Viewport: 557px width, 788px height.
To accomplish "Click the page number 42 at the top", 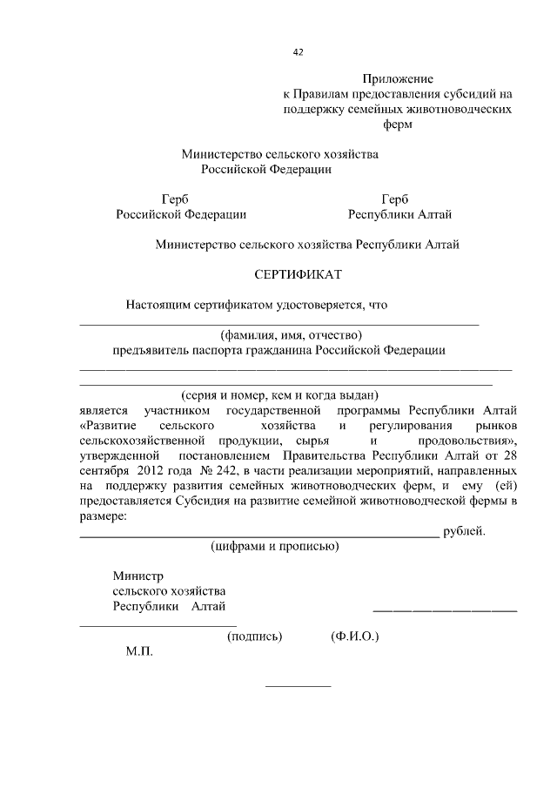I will pos(298,52).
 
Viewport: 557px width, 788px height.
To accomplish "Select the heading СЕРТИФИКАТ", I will pos(299,274).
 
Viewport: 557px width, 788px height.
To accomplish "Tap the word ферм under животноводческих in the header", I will pos(397,124).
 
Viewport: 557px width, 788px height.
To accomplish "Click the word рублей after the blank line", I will pos(464,531).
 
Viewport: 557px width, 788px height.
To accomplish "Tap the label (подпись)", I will pos(254,636).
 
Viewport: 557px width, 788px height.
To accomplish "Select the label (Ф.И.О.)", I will pos(354,636).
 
